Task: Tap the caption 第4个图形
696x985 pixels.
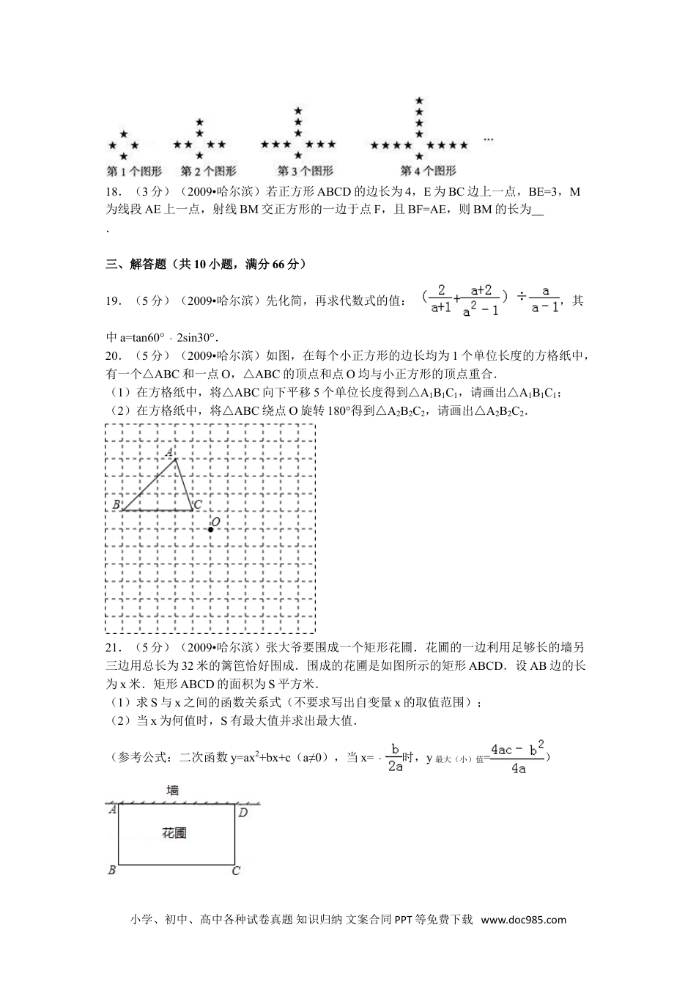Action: coord(428,171)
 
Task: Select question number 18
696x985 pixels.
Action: coord(114,192)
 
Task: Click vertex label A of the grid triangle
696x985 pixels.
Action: coord(170,452)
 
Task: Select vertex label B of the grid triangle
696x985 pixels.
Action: coord(116,505)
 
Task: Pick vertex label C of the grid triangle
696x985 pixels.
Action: coord(198,505)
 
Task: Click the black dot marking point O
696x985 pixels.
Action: coord(210,528)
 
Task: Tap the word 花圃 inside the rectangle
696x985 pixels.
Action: coord(174,833)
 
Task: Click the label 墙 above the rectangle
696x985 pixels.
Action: coord(172,790)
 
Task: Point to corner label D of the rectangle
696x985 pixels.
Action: coord(243,812)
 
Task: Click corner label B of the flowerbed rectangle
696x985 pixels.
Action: coord(111,871)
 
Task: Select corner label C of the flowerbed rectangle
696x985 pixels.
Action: coord(236,871)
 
